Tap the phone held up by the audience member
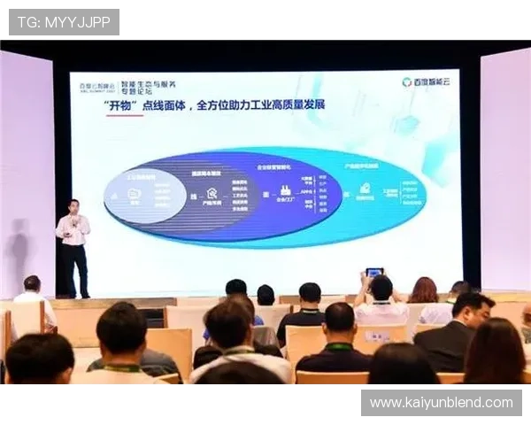(374, 273)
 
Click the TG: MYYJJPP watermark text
(63, 21)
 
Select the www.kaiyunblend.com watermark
(442, 403)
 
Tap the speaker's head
(74, 206)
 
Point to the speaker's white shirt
(73, 229)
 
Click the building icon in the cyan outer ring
(364, 189)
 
